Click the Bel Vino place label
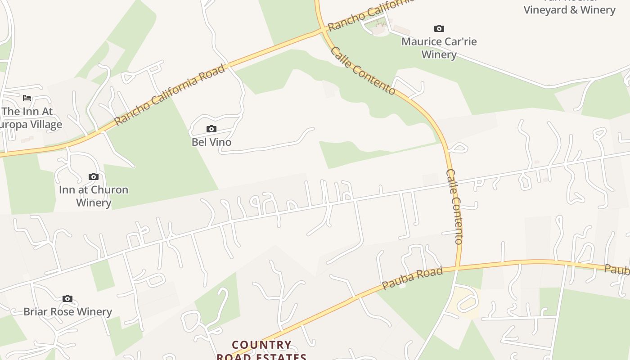211,142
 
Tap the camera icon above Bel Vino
211,129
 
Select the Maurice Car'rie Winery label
439,48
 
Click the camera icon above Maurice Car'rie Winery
439,29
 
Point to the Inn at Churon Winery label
94,196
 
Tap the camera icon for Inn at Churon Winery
94,177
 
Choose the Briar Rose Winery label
67,311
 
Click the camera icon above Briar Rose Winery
67,299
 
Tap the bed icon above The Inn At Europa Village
27,98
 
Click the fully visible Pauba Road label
412,278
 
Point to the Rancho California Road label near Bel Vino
170,95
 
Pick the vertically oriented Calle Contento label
454,207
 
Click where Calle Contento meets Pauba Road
457,268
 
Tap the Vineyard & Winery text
569,10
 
